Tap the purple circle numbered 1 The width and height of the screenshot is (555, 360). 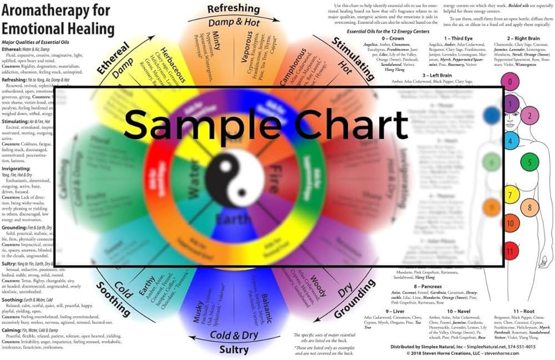point(509,103)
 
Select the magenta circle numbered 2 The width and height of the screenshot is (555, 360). point(530,116)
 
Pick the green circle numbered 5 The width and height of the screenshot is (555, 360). point(530,163)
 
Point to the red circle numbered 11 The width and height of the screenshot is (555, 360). point(509,251)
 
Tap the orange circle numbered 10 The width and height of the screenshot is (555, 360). point(509,224)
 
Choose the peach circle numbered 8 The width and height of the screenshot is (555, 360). point(529,208)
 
